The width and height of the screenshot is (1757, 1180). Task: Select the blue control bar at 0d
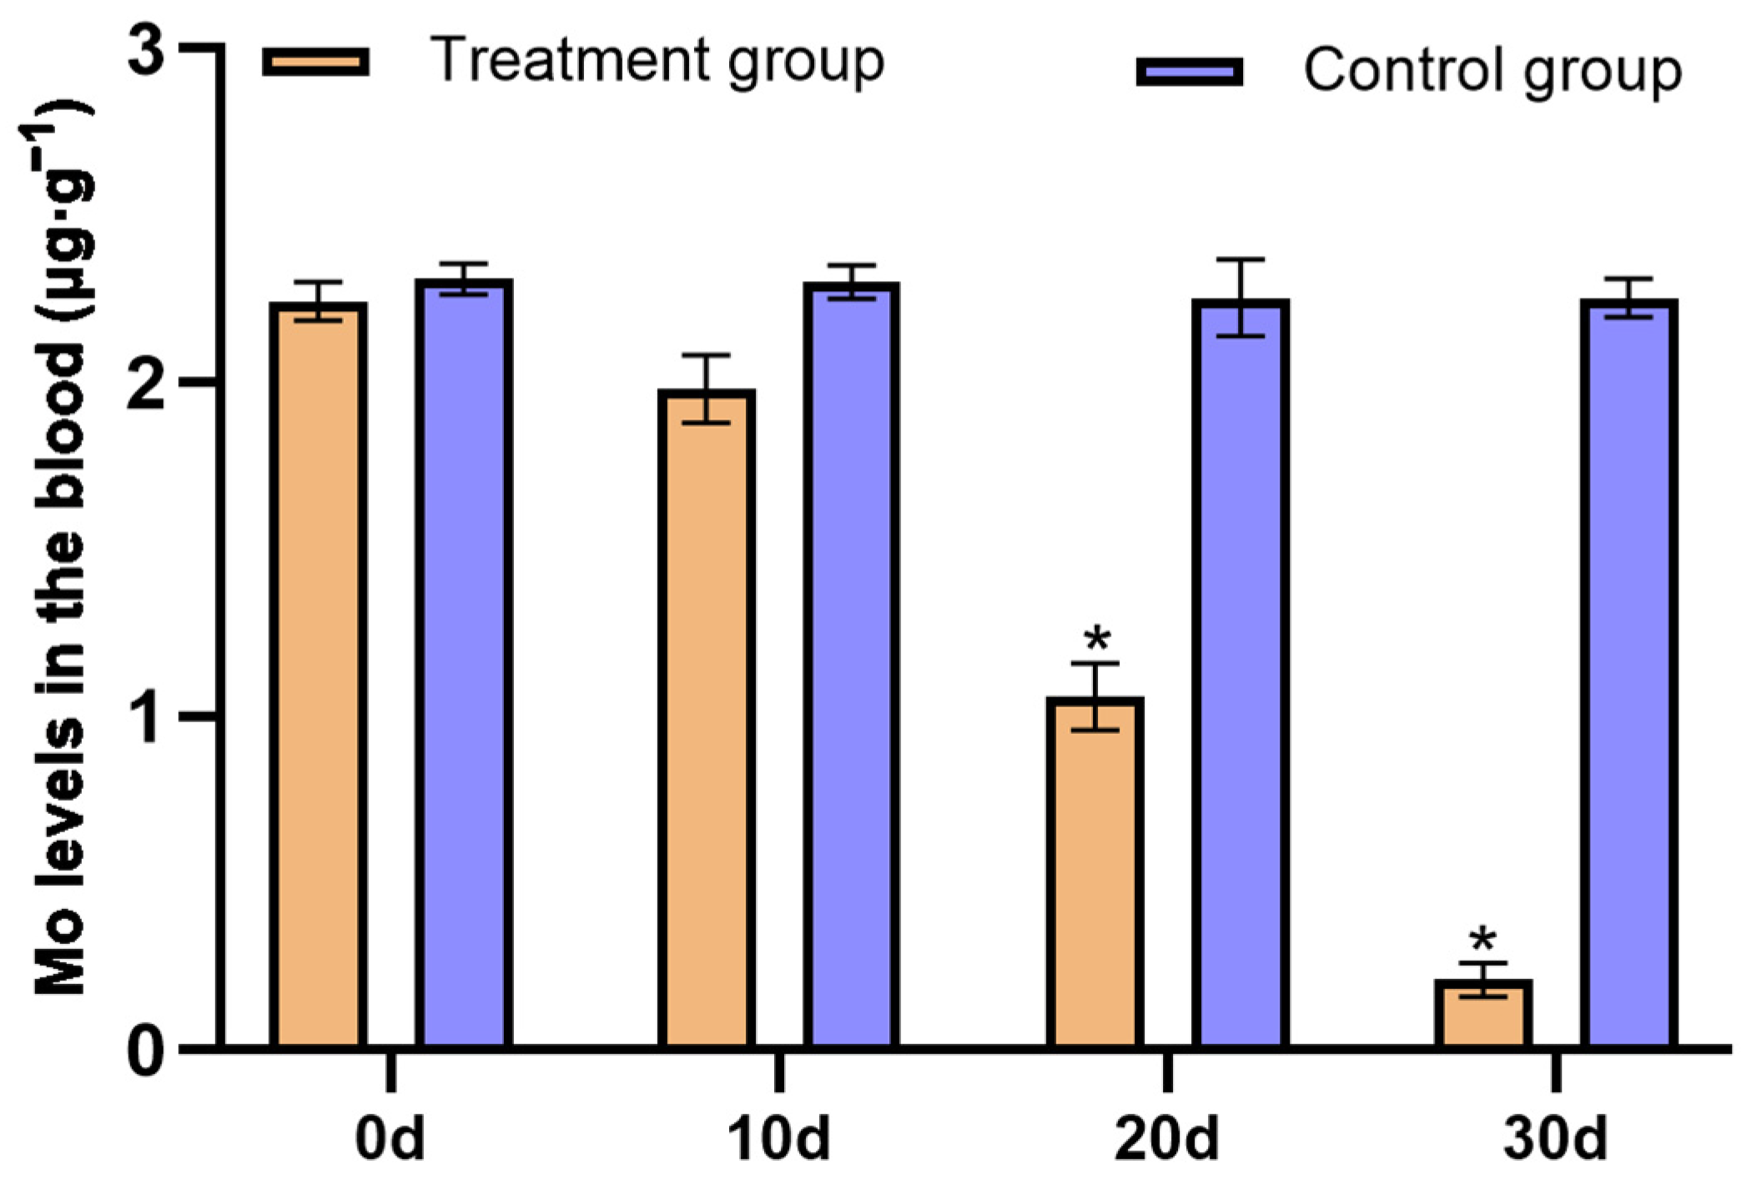coord(464,663)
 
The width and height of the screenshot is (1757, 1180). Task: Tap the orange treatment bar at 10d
coord(706,717)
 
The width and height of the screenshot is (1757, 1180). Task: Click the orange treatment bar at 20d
coord(1095,871)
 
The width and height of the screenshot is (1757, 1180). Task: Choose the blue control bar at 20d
coord(1241,672)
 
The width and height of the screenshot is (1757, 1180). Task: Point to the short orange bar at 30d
coord(1483,1013)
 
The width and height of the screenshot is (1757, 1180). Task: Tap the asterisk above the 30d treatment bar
coord(1483,941)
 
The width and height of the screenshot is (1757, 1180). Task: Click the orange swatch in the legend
coord(315,62)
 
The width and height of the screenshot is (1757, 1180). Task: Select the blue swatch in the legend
coord(1190,72)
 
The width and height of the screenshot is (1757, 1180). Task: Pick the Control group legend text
coord(1492,72)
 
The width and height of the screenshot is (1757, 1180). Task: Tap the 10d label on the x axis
coord(778,1140)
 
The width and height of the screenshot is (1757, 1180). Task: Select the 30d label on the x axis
coord(1555,1140)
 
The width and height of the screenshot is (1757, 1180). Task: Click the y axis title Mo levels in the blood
coord(60,550)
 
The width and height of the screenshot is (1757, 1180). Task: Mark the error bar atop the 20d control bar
coord(1241,297)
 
